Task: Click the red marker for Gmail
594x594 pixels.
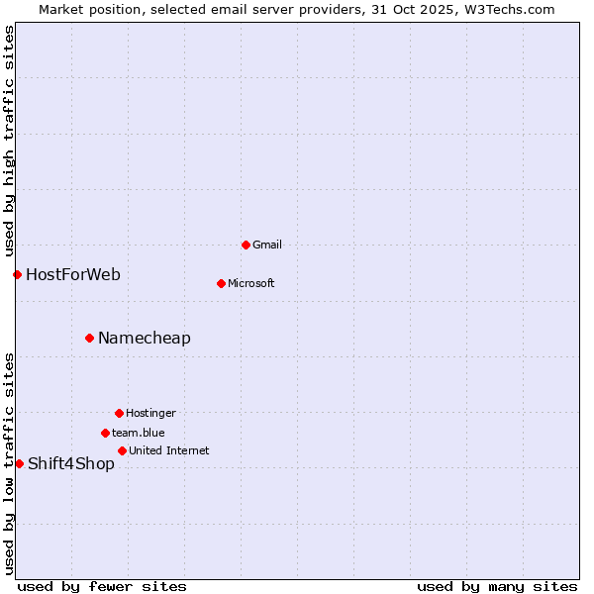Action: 246,245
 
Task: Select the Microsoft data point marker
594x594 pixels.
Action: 221,283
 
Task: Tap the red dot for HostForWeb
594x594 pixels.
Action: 17,274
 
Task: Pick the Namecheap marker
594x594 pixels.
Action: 89,338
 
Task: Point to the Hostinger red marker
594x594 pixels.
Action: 119,413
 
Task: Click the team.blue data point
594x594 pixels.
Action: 105,433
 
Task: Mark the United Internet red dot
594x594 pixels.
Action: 122,450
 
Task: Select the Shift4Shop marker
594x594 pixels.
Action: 19,463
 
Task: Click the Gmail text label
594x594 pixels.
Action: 268,245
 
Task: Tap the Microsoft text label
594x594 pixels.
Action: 251,283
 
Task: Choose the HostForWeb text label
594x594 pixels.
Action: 73,274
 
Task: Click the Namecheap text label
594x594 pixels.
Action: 145,338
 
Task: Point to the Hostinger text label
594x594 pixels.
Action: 150,413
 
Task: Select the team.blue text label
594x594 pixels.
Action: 139,433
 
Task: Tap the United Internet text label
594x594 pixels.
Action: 169,450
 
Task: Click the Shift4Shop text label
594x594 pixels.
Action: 71,463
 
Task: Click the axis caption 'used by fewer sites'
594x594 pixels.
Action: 102,586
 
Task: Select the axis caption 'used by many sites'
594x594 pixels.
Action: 497,586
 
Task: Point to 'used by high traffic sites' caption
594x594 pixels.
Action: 9,142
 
